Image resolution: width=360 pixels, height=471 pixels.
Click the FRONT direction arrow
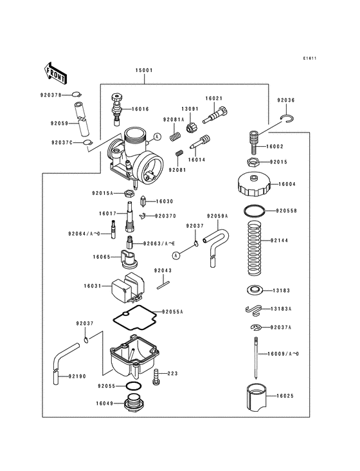tap(57, 73)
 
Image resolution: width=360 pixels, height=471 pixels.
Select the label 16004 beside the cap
tap(287, 184)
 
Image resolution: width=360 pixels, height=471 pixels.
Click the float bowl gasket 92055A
tap(132, 317)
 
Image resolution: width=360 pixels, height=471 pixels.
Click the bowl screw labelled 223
tap(174, 373)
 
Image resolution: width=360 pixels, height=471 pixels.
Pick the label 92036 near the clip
tap(286, 100)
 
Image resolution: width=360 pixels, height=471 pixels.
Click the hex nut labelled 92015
tap(253, 162)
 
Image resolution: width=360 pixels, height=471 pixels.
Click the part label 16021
tap(214, 98)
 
